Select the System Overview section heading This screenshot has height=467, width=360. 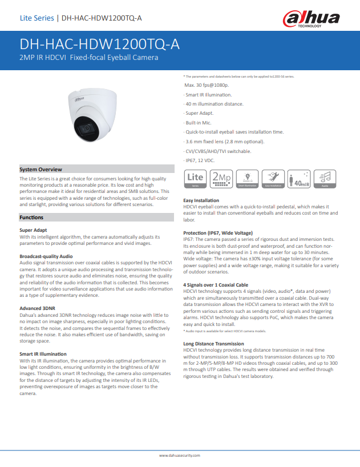(x=41, y=170)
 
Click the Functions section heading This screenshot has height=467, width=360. (x=31, y=218)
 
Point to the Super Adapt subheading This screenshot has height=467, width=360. (x=34, y=230)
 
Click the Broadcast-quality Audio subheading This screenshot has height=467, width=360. (x=46, y=256)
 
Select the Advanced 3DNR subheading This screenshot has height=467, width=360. (x=38, y=308)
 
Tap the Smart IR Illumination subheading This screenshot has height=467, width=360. (x=43, y=354)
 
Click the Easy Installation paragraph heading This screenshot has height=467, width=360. (x=201, y=201)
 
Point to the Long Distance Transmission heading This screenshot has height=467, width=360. (x=213, y=344)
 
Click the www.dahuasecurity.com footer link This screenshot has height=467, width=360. (x=180, y=455)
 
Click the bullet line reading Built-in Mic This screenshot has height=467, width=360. (x=199, y=122)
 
